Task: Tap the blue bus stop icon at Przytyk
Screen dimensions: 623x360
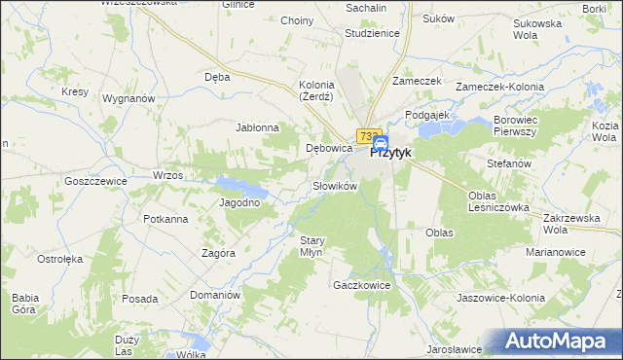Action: pyautogui.click(x=380, y=143)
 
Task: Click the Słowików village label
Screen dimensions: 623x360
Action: pyautogui.click(x=336, y=185)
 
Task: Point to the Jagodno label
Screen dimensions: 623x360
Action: pyautogui.click(x=240, y=202)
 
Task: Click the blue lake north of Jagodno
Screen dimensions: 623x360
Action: pyautogui.click(x=238, y=184)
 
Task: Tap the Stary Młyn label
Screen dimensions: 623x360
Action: pyautogui.click(x=311, y=246)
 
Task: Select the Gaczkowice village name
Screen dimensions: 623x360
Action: pyautogui.click(x=361, y=285)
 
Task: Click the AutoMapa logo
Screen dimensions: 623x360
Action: pyautogui.click(x=563, y=342)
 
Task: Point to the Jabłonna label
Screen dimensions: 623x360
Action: pyautogui.click(x=258, y=127)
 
